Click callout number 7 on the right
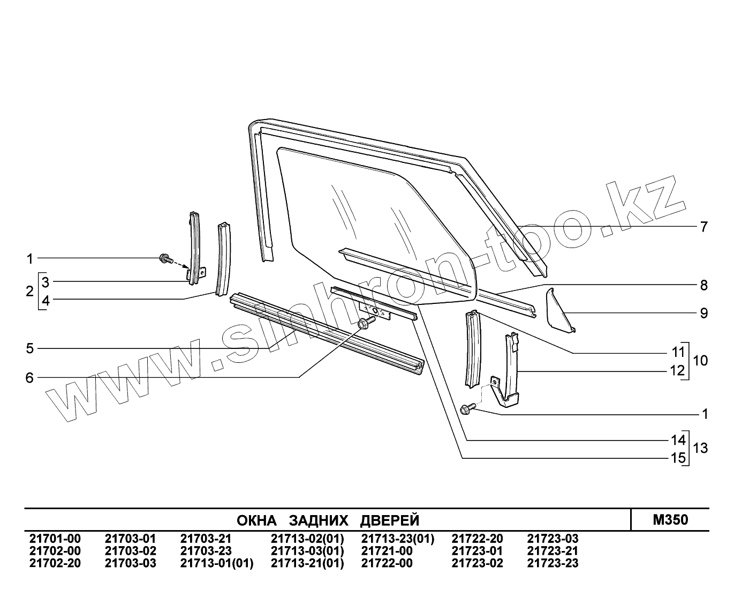703,227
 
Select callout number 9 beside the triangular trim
703,312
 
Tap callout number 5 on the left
29,349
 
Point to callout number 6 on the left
29,378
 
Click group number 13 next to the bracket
700,448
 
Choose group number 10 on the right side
700,361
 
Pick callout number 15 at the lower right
678,458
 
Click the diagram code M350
670,520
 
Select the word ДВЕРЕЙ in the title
389,520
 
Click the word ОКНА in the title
256,520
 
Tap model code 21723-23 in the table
553,563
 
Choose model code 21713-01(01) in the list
216,563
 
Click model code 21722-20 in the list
477,539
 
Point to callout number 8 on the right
703,285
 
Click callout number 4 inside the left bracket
46,301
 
